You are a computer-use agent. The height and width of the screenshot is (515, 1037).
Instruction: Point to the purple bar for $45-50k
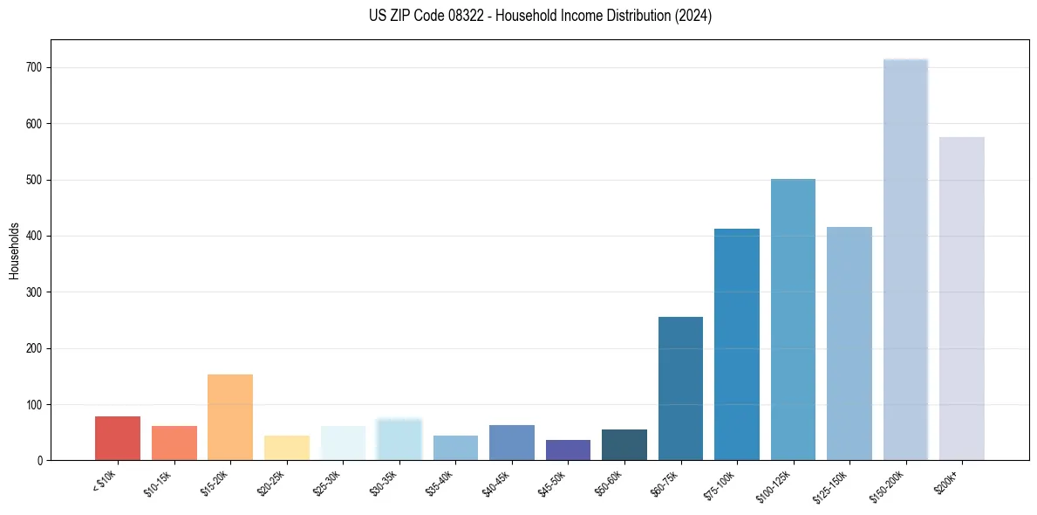568,450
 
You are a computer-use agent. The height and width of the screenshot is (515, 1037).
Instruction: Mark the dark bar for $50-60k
624,445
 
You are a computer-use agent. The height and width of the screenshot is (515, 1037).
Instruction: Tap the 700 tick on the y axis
35,68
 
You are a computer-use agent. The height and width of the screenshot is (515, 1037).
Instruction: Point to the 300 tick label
35,292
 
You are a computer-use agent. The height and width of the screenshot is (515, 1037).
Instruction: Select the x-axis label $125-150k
844,483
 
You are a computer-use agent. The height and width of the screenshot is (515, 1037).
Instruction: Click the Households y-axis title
14,250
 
